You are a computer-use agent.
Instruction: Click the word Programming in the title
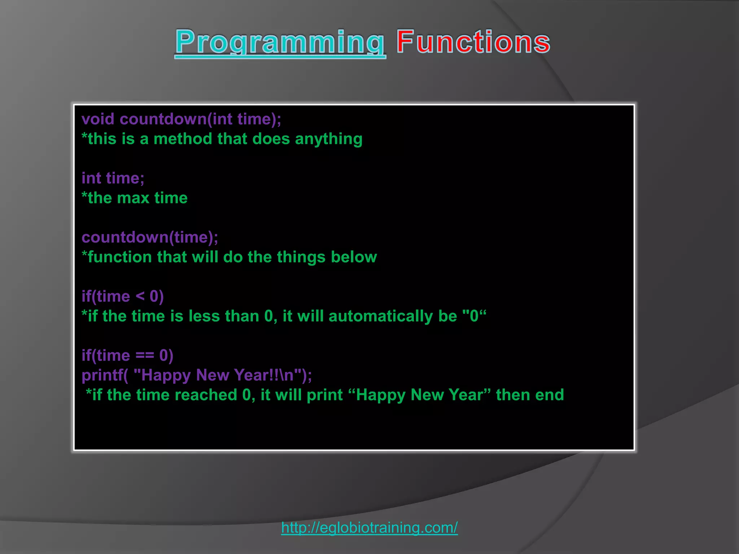click(280, 43)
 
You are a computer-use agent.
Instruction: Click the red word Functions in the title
click(473, 42)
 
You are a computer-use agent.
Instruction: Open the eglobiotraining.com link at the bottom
click(369, 528)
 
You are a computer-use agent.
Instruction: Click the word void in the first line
click(98, 119)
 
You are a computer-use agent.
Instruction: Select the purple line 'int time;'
click(113, 178)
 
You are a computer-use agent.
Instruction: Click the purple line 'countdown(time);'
click(150, 237)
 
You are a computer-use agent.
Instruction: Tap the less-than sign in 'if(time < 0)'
click(140, 296)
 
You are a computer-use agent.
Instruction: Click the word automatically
click(380, 316)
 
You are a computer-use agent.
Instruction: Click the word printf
click(102, 375)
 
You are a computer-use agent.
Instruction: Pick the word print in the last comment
click(324, 395)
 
